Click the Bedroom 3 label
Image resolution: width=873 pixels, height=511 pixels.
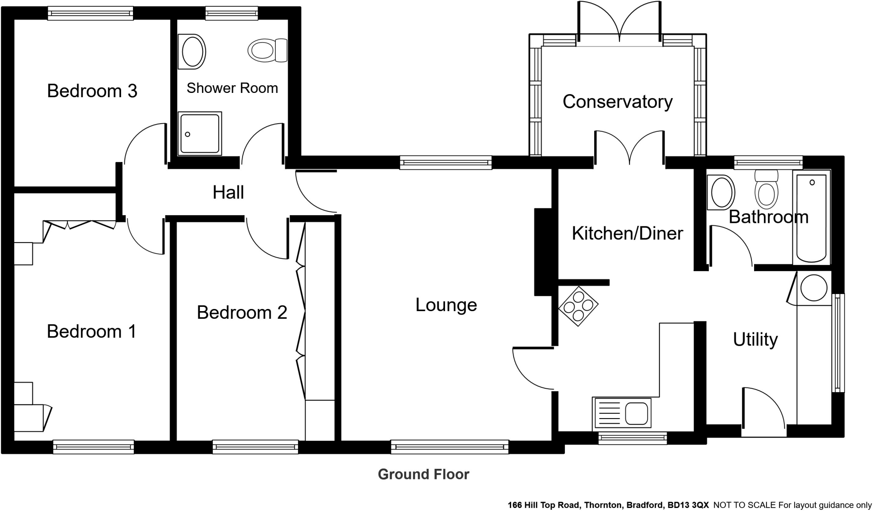pos(92,91)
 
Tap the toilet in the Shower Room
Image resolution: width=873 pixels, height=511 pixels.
pos(267,50)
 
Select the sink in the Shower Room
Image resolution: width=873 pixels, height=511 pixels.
pos(193,52)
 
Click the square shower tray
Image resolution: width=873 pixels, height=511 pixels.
pos(200,133)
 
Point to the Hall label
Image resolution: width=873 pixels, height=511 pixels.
pos(228,193)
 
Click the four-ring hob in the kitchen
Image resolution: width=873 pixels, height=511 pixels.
pos(578,306)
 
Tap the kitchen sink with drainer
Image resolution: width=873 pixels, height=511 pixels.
pos(622,413)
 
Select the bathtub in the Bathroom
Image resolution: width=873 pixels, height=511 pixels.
pos(811,217)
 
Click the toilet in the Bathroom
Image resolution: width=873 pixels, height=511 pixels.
pos(766,190)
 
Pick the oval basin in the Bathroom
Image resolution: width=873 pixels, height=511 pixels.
pos(721,193)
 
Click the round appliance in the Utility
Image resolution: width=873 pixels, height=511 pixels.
pos(814,288)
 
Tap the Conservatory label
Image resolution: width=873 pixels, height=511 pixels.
pos(617,102)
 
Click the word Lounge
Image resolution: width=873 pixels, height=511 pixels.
pos(446,305)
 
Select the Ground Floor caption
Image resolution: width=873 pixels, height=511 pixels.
pos(423,474)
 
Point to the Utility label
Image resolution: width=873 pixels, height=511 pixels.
pos(755,340)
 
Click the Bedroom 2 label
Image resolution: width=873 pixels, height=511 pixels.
pos(242,313)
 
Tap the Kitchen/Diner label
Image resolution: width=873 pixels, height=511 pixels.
pos(627,234)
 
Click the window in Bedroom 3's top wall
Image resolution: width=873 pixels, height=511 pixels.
pos(90,14)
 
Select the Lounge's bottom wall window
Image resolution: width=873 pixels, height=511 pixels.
pos(450,447)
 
